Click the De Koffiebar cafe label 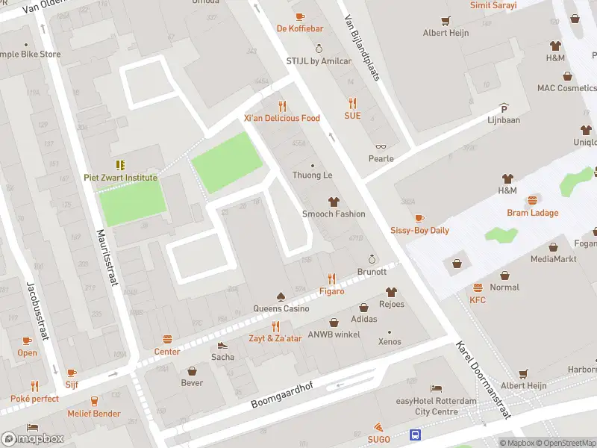tap(299, 28)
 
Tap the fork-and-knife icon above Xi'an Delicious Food tap(282, 106)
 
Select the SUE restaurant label tap(352, 116)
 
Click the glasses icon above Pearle tap(381, 147)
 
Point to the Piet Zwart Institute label tap(120, 178)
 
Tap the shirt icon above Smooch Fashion tap(334, 202)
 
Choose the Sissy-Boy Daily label tap(419, 230)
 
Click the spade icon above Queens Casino tap(281, 296)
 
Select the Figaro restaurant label tap(332, 291)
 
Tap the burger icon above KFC tap(478, 288)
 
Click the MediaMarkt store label tap(552, 259)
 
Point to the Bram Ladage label tap(533, 213)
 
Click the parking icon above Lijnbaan tap(504, 108)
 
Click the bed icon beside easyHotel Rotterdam tap(436, 389)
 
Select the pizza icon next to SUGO tap(380, 427)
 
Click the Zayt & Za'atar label tap(275, 338)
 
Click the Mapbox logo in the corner tap(33, 438)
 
